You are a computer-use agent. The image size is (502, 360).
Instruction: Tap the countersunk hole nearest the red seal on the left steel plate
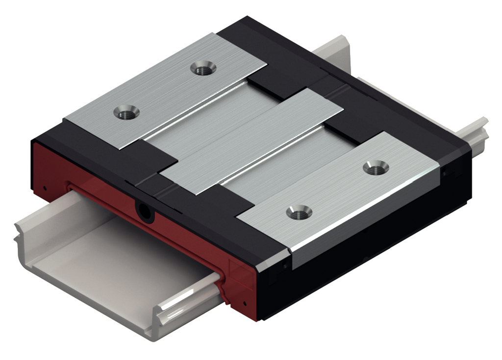tap(126, 112)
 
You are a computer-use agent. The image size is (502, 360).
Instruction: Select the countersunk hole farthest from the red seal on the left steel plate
tap(203, 68)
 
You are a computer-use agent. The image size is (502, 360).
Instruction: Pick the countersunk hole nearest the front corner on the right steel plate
tap(300, 212)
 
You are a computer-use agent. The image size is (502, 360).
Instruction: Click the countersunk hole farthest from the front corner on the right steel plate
tap(376, 168)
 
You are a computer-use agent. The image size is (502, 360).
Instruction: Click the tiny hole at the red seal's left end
tap(45, 187)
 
